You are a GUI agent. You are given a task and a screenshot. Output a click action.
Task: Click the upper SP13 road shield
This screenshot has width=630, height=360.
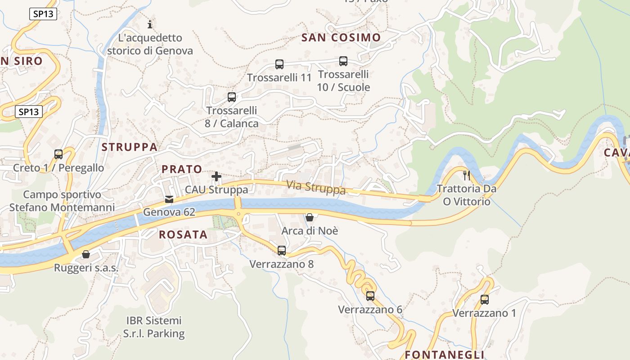click(x=43, y=14)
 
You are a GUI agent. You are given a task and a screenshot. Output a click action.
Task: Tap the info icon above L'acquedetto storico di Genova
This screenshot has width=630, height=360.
click(x=150, y=24)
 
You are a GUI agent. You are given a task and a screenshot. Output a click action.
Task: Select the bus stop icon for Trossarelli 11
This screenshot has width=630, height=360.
click(x=279, y=64)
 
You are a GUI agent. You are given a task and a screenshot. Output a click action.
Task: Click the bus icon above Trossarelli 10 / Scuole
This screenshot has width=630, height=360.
click(x=343, y=61)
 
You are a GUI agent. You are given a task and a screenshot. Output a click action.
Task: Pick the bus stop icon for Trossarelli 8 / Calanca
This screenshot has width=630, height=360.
click(x=232, y=97)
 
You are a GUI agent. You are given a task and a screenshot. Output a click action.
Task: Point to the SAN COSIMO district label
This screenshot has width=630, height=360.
click(x=342, y=37)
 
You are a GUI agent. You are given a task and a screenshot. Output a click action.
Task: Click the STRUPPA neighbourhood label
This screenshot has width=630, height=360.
click(x=130, y=147)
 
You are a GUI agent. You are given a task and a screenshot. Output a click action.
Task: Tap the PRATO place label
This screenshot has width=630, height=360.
click(x=182, y=169)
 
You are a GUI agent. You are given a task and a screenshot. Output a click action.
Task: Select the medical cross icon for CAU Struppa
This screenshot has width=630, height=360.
click(x=216, y=176)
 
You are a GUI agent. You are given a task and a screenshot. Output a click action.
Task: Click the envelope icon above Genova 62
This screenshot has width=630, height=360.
click(x=169, y=199)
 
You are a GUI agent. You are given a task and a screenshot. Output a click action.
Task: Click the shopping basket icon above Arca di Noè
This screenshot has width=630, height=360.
click(x=310, y=218)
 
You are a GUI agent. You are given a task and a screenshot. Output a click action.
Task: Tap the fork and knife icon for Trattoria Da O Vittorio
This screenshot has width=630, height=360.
click(x=467, y=175)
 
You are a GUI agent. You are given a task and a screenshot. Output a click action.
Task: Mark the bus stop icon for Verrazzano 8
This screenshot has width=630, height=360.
click(x=282, y=251)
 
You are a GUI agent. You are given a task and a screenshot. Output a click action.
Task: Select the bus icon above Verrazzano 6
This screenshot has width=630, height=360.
click(x=370, y=296)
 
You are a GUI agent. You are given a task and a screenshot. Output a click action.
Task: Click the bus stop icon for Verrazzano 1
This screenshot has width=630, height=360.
click(x=485, y=300)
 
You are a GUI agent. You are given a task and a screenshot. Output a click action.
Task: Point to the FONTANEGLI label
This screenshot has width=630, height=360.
click(x=445, y=355)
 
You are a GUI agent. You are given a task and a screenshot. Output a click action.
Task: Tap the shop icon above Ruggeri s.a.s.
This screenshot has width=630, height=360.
click(x=86, y=255)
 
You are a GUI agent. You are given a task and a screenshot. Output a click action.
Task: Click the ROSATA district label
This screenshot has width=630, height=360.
click(x=183, y=234)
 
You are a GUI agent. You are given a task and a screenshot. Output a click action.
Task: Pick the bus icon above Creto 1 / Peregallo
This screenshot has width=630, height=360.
click(x=58, y=154)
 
